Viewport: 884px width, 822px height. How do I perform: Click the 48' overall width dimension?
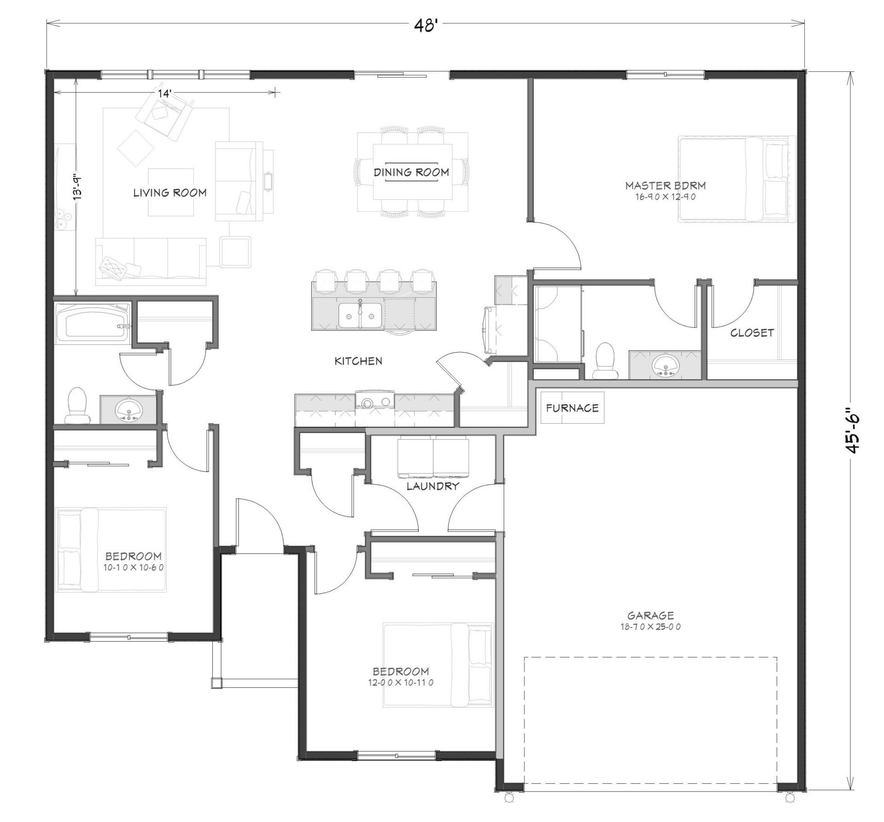[x=425, y=26]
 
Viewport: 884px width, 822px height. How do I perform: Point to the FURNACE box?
[x=572, y=408]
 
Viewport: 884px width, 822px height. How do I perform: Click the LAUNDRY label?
[x=432, y=486]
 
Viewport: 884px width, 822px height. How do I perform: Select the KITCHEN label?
[x=358, y=361]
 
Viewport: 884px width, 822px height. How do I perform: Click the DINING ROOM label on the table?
[x=411, y=172]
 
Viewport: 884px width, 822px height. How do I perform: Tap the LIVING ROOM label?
[x=170, y=192]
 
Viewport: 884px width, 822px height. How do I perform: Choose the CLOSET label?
[x=752, y=332]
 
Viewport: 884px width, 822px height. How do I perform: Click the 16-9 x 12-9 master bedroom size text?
[x=665, y=197]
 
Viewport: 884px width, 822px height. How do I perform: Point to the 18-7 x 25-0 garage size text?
[x=651, y=627]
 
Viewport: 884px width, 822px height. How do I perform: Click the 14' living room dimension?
[x=164, y=93]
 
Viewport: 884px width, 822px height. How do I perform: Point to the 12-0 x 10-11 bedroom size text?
[x=401, y=683]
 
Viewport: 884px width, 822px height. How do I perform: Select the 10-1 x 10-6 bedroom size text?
[x=134, y=568]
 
